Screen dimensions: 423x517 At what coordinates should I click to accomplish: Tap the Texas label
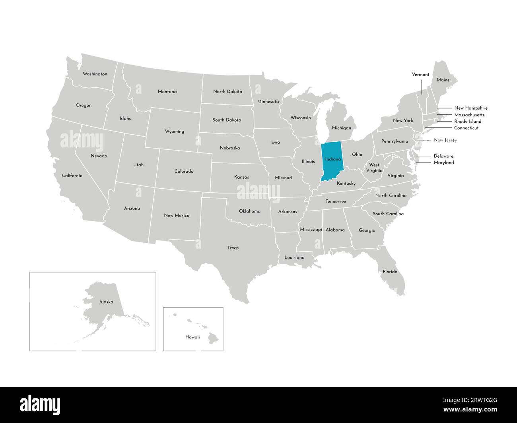(x=233, y=248)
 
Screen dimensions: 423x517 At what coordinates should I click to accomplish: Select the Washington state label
(x=95, y=74)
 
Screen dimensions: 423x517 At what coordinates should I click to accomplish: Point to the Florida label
(x=390, y=272)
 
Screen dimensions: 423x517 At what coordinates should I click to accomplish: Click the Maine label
(x=443, y=80)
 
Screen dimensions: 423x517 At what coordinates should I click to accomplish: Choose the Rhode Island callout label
(x=468, y=121)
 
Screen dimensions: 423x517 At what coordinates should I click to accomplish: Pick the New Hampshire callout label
(x=470, y=108)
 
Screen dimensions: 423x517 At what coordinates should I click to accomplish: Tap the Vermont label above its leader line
(x=420, y=74)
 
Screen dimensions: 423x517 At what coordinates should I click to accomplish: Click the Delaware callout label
(x=443, y=156)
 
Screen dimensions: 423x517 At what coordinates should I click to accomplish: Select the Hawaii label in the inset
(x=192, y=337)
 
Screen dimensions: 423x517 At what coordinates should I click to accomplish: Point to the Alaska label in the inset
(x=106, y=302)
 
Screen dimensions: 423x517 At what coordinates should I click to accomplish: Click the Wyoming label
(x=175, y=131)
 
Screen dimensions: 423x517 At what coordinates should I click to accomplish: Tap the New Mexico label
(x=177, y=215)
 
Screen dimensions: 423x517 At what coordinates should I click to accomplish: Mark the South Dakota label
(x=226, y=120)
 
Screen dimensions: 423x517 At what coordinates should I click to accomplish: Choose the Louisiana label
(x=294, y=257)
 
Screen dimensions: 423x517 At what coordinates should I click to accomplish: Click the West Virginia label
(x=374, y=168)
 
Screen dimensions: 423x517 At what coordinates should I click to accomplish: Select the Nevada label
(x=99, y=156)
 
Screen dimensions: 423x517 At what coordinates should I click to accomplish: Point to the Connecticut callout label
(x=466, y=128)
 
